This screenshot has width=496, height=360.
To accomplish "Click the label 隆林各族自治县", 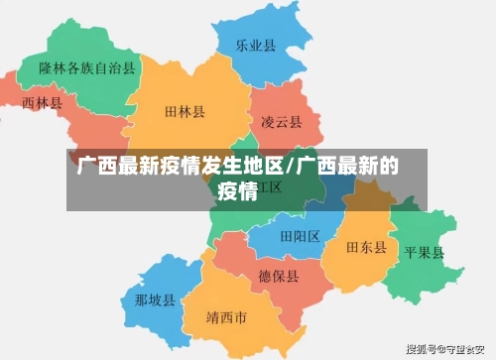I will coord(87,67).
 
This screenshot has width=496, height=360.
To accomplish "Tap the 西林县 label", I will coord(42,102).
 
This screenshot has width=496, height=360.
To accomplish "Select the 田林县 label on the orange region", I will coord(186,112).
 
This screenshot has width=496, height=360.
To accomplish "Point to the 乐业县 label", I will coord(255,46).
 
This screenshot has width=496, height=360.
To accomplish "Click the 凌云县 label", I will coord(282,122).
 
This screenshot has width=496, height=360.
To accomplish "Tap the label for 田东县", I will coord(366,247).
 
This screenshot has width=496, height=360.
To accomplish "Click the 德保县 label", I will coord(279,275).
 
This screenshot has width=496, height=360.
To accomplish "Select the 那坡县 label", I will coord(156,300).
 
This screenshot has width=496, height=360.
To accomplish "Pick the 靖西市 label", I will coord(226,318).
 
